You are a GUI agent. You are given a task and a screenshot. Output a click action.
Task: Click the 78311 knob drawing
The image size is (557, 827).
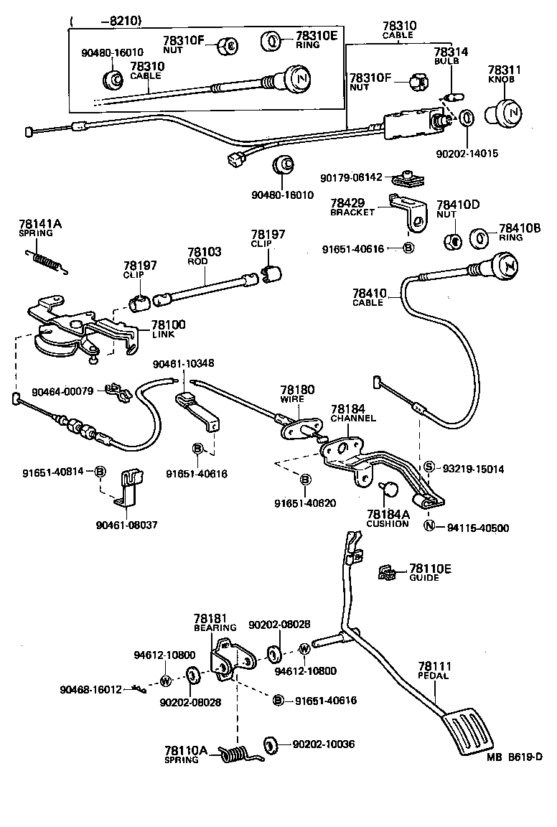[507, 113]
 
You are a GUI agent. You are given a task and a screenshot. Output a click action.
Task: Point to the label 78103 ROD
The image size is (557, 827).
[205, 256]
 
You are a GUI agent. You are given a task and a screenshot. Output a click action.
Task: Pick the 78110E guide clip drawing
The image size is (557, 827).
[389, 572]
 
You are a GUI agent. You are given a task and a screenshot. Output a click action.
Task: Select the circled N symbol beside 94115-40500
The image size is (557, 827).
[429, 528]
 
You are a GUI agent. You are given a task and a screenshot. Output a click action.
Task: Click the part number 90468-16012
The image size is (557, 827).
[91, 689]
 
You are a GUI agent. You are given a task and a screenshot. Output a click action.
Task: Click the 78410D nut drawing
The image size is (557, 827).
[452, 240]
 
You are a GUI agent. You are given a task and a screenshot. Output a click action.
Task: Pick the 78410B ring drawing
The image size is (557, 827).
[479, 238]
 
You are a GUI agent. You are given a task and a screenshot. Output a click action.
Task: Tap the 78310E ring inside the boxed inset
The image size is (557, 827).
[273, 41]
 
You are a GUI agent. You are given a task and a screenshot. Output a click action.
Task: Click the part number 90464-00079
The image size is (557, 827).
[62, 391]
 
